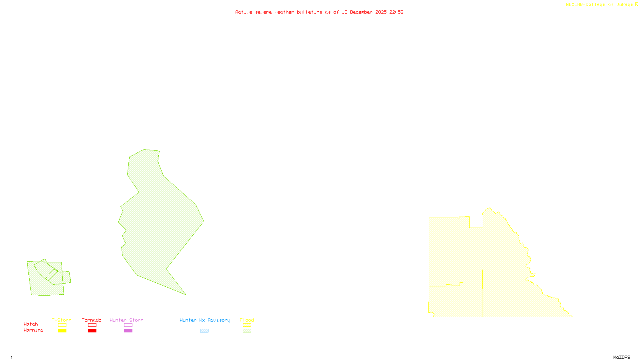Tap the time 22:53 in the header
[x=396, y=12]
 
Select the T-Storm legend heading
[x=62, y=320]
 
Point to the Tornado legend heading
[x=92, y=320]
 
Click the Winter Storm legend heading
[x=126, y=320]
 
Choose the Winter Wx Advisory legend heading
[x=205, y=320]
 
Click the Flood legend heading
[x=247, y=320]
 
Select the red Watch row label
[x=31, y=324]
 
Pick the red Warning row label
[x=34, y=330]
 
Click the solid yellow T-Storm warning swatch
[x=62, y=331]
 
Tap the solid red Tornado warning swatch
[x=92, y=331]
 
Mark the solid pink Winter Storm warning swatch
[x=128, y=331]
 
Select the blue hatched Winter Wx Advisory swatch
[x=204, y=331]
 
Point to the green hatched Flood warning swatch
[x=247, y=331]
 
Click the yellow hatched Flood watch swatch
[x=247, y=325]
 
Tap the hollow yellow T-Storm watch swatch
[x=62, y=325]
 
